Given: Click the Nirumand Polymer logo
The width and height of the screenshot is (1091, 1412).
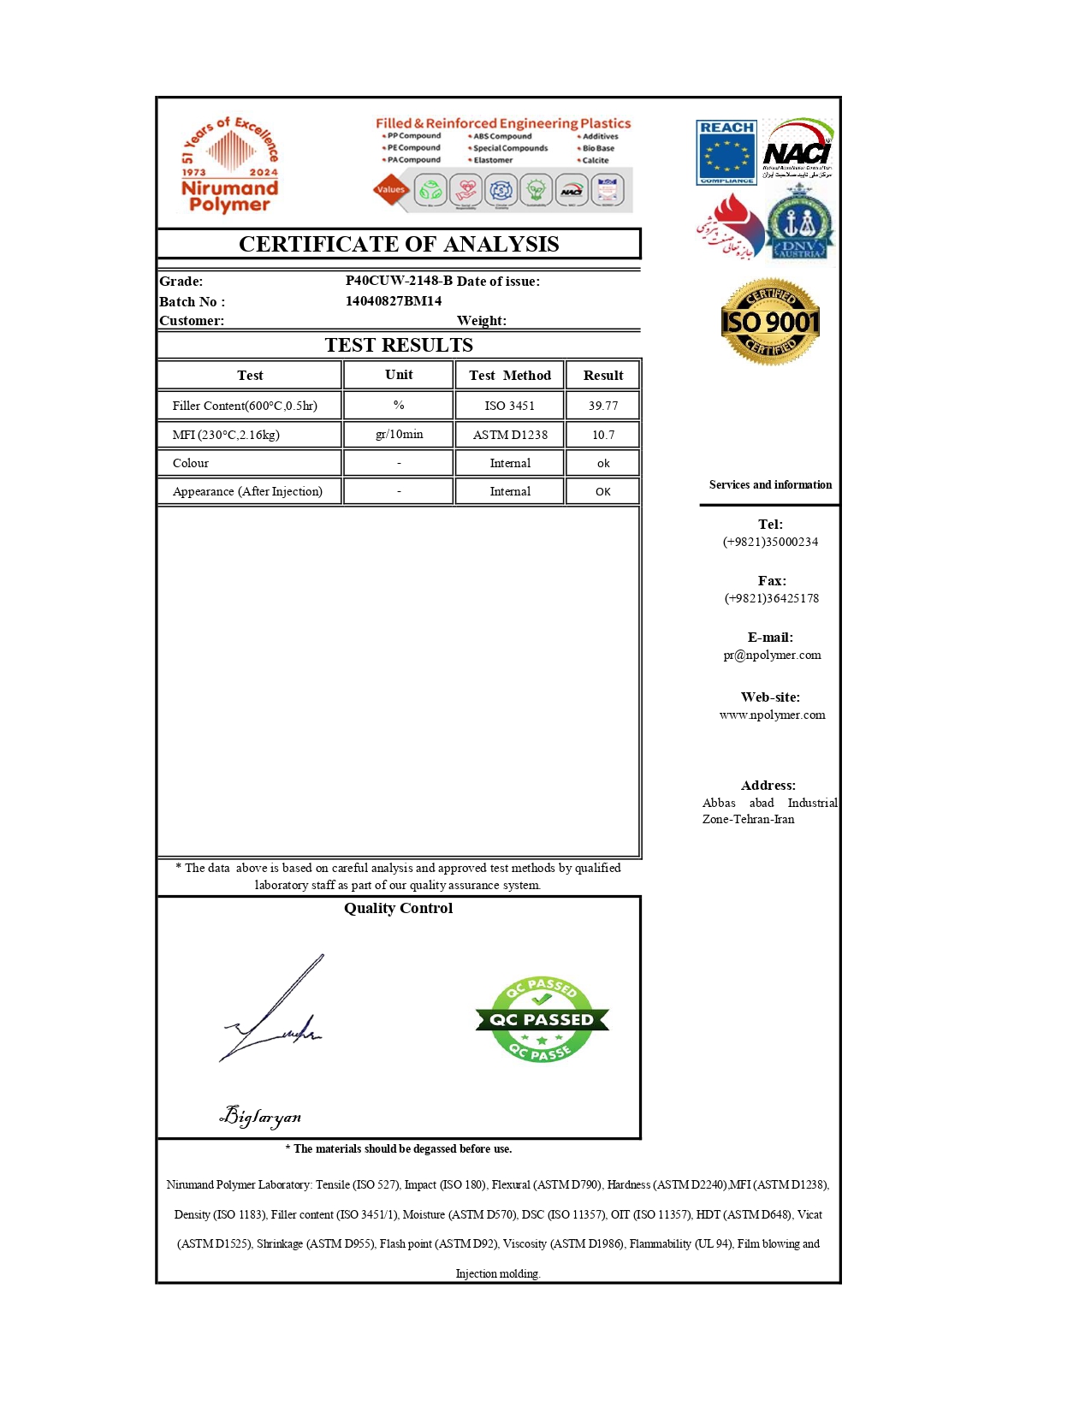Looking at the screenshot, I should click(x=229, y=164).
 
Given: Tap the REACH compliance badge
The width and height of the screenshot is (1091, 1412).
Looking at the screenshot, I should click(x=726, y=152).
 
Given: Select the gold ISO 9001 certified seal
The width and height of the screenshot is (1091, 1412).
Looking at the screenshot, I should click(x=770, y=322).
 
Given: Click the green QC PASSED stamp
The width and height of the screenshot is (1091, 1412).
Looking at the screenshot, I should click(x=542, y=1019).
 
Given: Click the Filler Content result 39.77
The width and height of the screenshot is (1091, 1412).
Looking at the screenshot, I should click(x=602, y=406).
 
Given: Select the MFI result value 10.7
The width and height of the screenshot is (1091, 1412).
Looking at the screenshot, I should click(x=602, y=435).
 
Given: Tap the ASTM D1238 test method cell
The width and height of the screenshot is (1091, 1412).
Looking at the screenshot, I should click(x=510, y=435).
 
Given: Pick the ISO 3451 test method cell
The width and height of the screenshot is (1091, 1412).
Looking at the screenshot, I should click(x=509, y=406).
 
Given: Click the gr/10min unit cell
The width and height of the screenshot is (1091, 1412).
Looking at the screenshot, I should click(x=399, y=434).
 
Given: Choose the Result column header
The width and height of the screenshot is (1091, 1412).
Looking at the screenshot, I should click(x=602, y=375).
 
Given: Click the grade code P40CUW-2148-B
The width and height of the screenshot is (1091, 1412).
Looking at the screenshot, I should click(x=399, y=281).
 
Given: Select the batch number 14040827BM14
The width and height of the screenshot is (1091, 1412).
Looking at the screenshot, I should click(x=394, y=301).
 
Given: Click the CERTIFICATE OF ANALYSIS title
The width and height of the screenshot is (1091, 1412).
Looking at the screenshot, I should click(x=399, y=244).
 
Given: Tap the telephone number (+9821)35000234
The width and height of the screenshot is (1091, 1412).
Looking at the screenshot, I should click(x=770, y=542).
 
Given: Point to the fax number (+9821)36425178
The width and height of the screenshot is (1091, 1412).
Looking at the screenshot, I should click(x=771, y=598).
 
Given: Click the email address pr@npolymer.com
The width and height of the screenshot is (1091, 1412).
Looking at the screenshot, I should click(x=772, y=655).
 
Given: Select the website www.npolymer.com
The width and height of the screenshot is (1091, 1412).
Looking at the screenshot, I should click(x=772, y=715).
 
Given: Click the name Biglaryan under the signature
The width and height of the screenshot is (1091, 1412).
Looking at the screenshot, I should click(x=261, y=1116).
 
